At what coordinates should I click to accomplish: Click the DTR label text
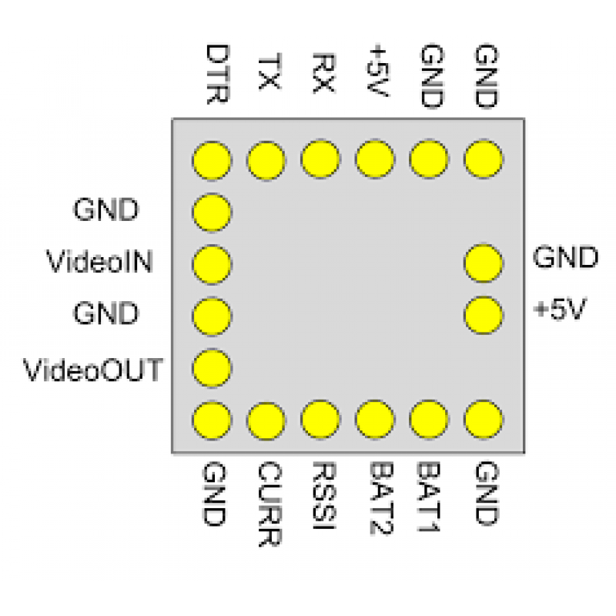pos(217,74)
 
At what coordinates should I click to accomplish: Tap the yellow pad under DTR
pos(212,160)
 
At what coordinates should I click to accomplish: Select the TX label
pos(269,72)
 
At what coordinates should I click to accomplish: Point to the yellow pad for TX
pos(266,160)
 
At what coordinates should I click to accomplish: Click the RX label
pos(323,73)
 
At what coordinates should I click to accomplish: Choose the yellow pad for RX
pos(320,159)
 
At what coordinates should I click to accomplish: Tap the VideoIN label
pos(99,261)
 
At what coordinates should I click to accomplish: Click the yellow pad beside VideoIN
pos(212,264)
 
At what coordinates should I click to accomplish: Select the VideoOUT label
pos(93,370)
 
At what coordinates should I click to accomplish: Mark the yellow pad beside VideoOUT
pos(212,368)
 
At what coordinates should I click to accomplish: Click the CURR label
pos(269,504)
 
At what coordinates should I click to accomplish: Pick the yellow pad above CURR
pos(266,420)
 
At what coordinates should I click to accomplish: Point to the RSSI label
pos(323,496)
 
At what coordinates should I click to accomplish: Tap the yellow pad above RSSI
pos(320,419)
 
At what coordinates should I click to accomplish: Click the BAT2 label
pos(381,498)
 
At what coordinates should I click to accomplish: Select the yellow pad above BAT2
pos(375,419)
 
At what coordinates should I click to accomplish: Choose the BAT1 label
pos(428,497)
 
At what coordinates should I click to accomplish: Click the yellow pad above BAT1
pos(429,419)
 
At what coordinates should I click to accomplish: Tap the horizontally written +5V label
pos(560,309)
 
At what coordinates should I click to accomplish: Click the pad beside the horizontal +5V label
pos(484,316)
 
